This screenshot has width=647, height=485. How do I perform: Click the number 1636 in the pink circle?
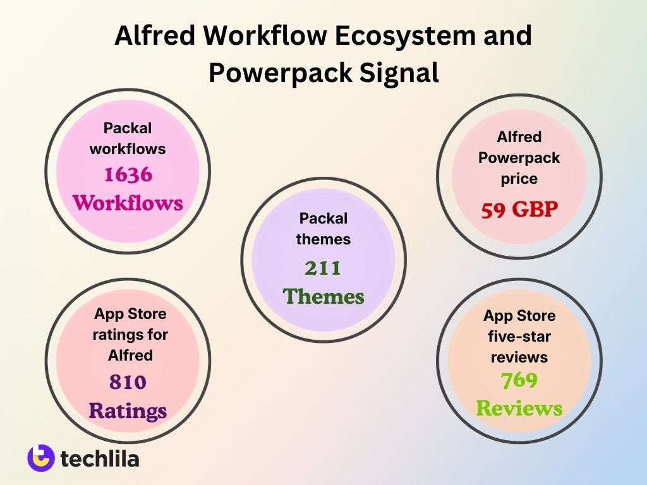click(128, 175)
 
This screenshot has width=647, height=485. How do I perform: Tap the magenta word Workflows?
click(128, 203)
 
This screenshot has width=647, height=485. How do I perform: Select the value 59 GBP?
click(519, 210)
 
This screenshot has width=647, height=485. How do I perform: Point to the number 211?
click(323, 269)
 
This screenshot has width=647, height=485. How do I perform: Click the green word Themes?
click(323, 296)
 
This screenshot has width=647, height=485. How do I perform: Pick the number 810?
click(128, 382)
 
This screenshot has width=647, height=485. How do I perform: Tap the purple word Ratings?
click(128, 410)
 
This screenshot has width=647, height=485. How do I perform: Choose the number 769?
click(519, 380)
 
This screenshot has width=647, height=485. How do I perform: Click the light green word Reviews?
click(519, 408)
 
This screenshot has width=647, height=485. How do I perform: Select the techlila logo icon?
click(41, 458)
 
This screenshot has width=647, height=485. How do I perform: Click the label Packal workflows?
click(128, 138)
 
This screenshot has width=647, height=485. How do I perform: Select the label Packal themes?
click(323, 229)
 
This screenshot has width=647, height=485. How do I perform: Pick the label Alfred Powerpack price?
click(519, 157)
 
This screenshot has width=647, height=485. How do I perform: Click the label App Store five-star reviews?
click(519, 336)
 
